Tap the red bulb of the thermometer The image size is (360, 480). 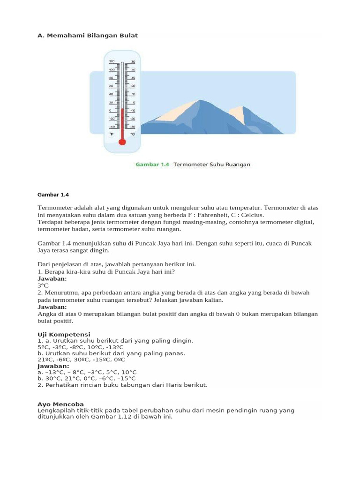(122, 142)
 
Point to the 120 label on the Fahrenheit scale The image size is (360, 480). (112, 62)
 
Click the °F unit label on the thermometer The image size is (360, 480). (112, 134)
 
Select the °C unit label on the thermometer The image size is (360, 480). (133, 134)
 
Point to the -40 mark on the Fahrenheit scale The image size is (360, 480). (112, 127)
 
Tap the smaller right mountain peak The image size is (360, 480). (242, 107)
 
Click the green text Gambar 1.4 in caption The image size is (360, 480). (152, 165)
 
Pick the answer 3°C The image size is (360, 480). (43, 285)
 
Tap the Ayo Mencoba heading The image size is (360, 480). (60, 404)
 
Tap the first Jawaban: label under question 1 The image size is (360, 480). (52, 278)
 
